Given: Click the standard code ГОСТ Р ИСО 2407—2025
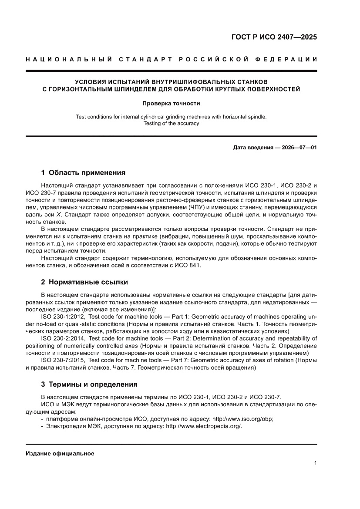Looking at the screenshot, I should pyautogui.click(x=274, y=37).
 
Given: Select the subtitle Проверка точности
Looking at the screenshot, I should pyautogui.click(x=171, y=104).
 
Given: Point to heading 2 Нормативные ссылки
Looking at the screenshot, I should pyautogui.click(x=84, y=282).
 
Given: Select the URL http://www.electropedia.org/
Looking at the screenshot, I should pyautogui.click(x=204, y=426).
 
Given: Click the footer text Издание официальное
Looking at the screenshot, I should pyautogui.click(x=60, y=453).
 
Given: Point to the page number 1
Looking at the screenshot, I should pyautogui.click(x=315, y=463).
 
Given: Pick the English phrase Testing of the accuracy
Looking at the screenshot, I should pyautogui.click(x=171, y=124).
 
